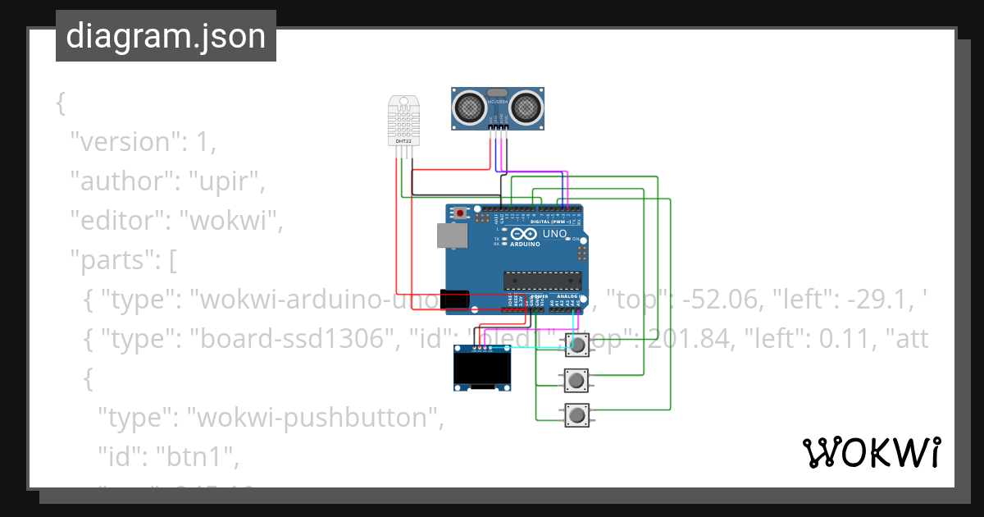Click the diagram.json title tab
click(166, 36)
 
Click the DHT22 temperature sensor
click(403, 121)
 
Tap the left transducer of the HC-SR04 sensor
click(470, 106)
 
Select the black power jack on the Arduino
click(453, 300)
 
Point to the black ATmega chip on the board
click(542, 280)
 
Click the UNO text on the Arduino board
click(554, 234)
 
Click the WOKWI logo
click(871, 452)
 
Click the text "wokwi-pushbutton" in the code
click(316, 418)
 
